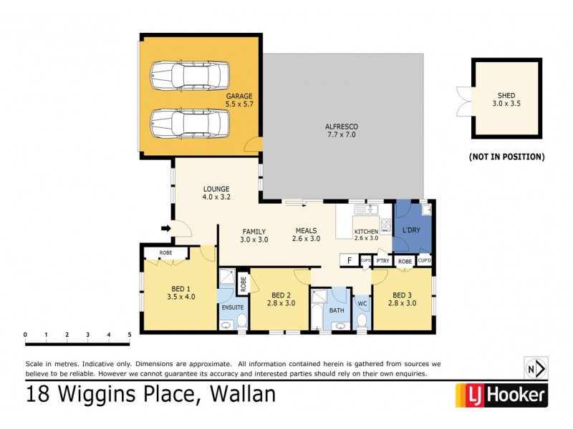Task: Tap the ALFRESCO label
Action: click(341, 127)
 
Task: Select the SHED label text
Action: click(506, 95)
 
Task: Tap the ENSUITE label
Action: click(233, 307)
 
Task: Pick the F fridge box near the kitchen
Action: click(350, 260)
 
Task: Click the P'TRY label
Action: click(382, 261)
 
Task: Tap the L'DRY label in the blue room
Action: click(411, 230)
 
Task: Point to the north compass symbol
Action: click(536, 369)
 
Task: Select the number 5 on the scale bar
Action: click(129, 335)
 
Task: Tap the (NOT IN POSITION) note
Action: click(506, 156)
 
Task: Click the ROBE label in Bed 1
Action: click(165, 252)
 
